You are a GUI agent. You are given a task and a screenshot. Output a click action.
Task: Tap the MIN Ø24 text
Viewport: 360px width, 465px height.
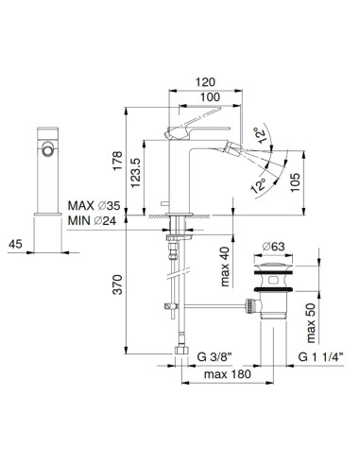(94, 220)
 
